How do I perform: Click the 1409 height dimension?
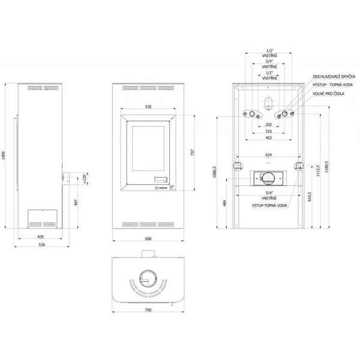4,157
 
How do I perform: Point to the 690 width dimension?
148,238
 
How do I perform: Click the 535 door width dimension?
148,107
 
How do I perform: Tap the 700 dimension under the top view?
148,311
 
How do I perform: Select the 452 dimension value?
269,138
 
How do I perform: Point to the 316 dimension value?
269,131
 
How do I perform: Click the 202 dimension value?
269,125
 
